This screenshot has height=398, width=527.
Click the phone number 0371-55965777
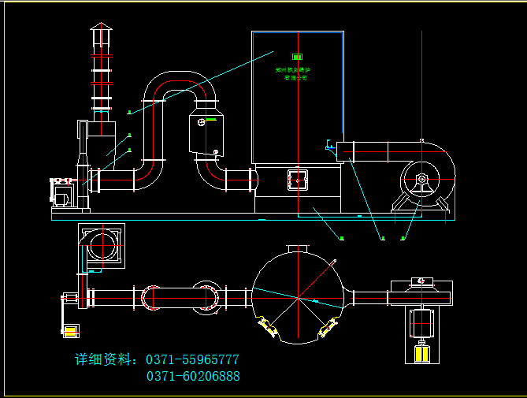[193, 359]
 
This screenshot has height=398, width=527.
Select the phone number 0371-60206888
[193, 377]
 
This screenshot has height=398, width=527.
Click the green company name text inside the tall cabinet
[297, 74]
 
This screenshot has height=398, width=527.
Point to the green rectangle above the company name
[298, 57]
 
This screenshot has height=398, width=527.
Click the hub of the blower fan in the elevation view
[422, 180]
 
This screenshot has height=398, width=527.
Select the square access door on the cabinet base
[298, 179]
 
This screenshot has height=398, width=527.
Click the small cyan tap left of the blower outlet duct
[328, 145]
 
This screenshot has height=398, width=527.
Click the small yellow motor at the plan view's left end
[70, 331]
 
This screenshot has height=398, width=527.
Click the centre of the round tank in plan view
[298, 297]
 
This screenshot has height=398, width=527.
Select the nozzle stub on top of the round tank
[298, 249]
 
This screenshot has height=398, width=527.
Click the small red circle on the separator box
[202, 121]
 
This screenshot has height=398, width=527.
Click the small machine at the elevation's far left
[62, 192]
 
